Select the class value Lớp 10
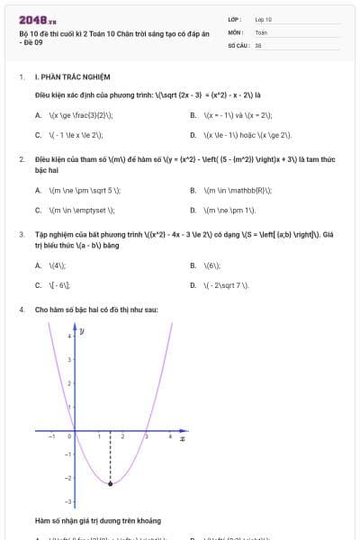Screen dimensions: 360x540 coord(263,19)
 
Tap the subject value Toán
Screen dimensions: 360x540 coord(261,31)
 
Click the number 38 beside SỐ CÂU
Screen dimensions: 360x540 coord(258,44)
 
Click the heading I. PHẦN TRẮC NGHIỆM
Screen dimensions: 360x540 coord(70,78)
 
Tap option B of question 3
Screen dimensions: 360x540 coord(211,265)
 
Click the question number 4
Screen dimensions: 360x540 coord(21,310)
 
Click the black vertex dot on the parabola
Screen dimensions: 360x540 coord(111,484)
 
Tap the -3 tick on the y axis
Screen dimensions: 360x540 coord(70,501)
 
